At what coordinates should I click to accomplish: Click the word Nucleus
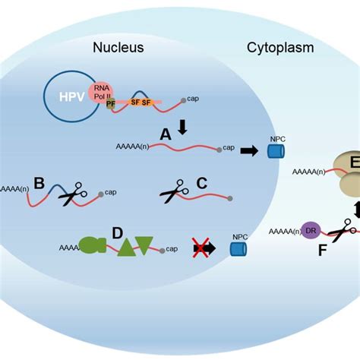coord(118,48)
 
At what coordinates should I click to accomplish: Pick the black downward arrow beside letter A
coord(182,128)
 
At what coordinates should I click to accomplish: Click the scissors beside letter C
coord(176,194)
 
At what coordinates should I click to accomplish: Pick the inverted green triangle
coord(144,245)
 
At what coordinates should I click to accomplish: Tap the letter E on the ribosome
coord(353,165)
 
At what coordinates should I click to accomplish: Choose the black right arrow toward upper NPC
coord(249,151)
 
